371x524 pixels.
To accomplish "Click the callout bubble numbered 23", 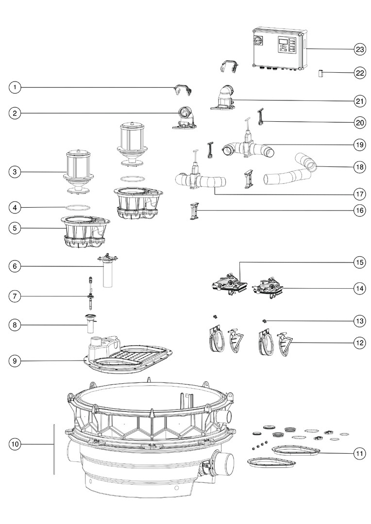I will (x=359, y=49).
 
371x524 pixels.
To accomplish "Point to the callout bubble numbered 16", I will (x=359, y=211).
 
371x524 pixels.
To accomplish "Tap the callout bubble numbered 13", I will (x=359, y=321).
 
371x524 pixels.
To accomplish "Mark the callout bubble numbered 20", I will (x=359, y=123).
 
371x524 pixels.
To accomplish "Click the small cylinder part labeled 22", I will (x=320, y=74).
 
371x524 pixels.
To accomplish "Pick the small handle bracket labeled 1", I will (x=182, y=89).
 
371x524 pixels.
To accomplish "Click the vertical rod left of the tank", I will (x=54, y=449).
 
